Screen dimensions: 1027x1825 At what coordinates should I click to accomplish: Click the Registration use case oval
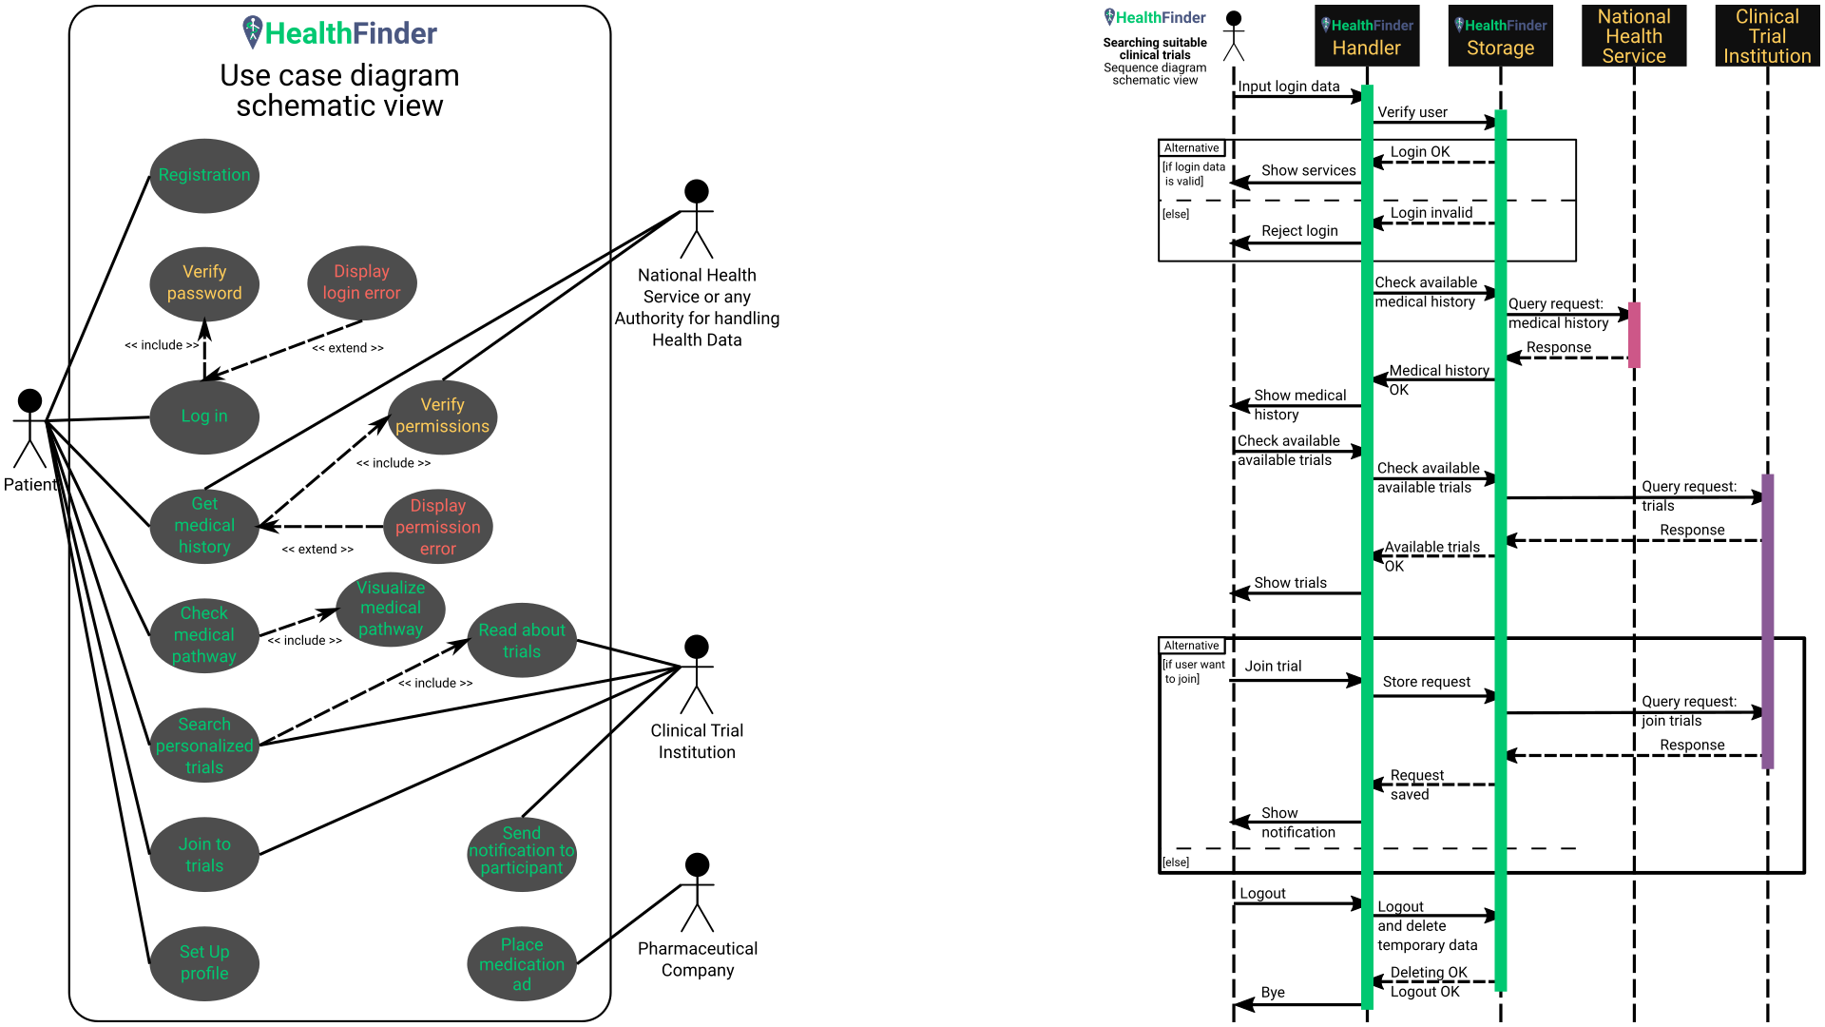(x=204, y=176)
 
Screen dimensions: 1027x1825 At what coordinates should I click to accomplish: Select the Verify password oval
(x=204, y=283)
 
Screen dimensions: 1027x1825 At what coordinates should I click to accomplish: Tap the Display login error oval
(x=362, y=283)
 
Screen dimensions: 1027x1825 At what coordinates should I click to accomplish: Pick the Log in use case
(x=204, y=417)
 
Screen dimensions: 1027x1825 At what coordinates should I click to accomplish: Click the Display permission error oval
(x=438, y=527)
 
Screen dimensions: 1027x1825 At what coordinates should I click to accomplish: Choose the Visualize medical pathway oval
(x=391, y=609)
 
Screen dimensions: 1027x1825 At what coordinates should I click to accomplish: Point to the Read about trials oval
(x=522, y=641)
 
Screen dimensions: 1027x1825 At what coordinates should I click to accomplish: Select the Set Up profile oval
(x=204, y=962)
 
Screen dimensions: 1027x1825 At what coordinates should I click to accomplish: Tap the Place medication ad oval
(x=522, y=964)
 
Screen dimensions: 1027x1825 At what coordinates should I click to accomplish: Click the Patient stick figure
(x=30, y=428)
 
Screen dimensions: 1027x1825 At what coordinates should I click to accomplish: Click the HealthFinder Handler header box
(x=1367, y=36)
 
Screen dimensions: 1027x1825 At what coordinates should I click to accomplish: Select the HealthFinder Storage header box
(x=1500, y=36)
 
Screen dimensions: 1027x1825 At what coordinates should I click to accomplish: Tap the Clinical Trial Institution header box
(x=1767, y=36)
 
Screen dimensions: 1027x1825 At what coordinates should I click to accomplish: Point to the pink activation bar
(x=1634, y=335)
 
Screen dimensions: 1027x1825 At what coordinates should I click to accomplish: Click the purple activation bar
(x=1767, y=621)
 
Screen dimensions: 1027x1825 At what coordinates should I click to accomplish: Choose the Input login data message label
(x=1288, y=87)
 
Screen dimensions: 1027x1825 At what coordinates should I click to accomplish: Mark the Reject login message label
(x=1299, y=231)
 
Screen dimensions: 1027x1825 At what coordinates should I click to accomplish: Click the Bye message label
(x=1273, y=993)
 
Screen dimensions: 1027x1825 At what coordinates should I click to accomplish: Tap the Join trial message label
(x=1273, y=667)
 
